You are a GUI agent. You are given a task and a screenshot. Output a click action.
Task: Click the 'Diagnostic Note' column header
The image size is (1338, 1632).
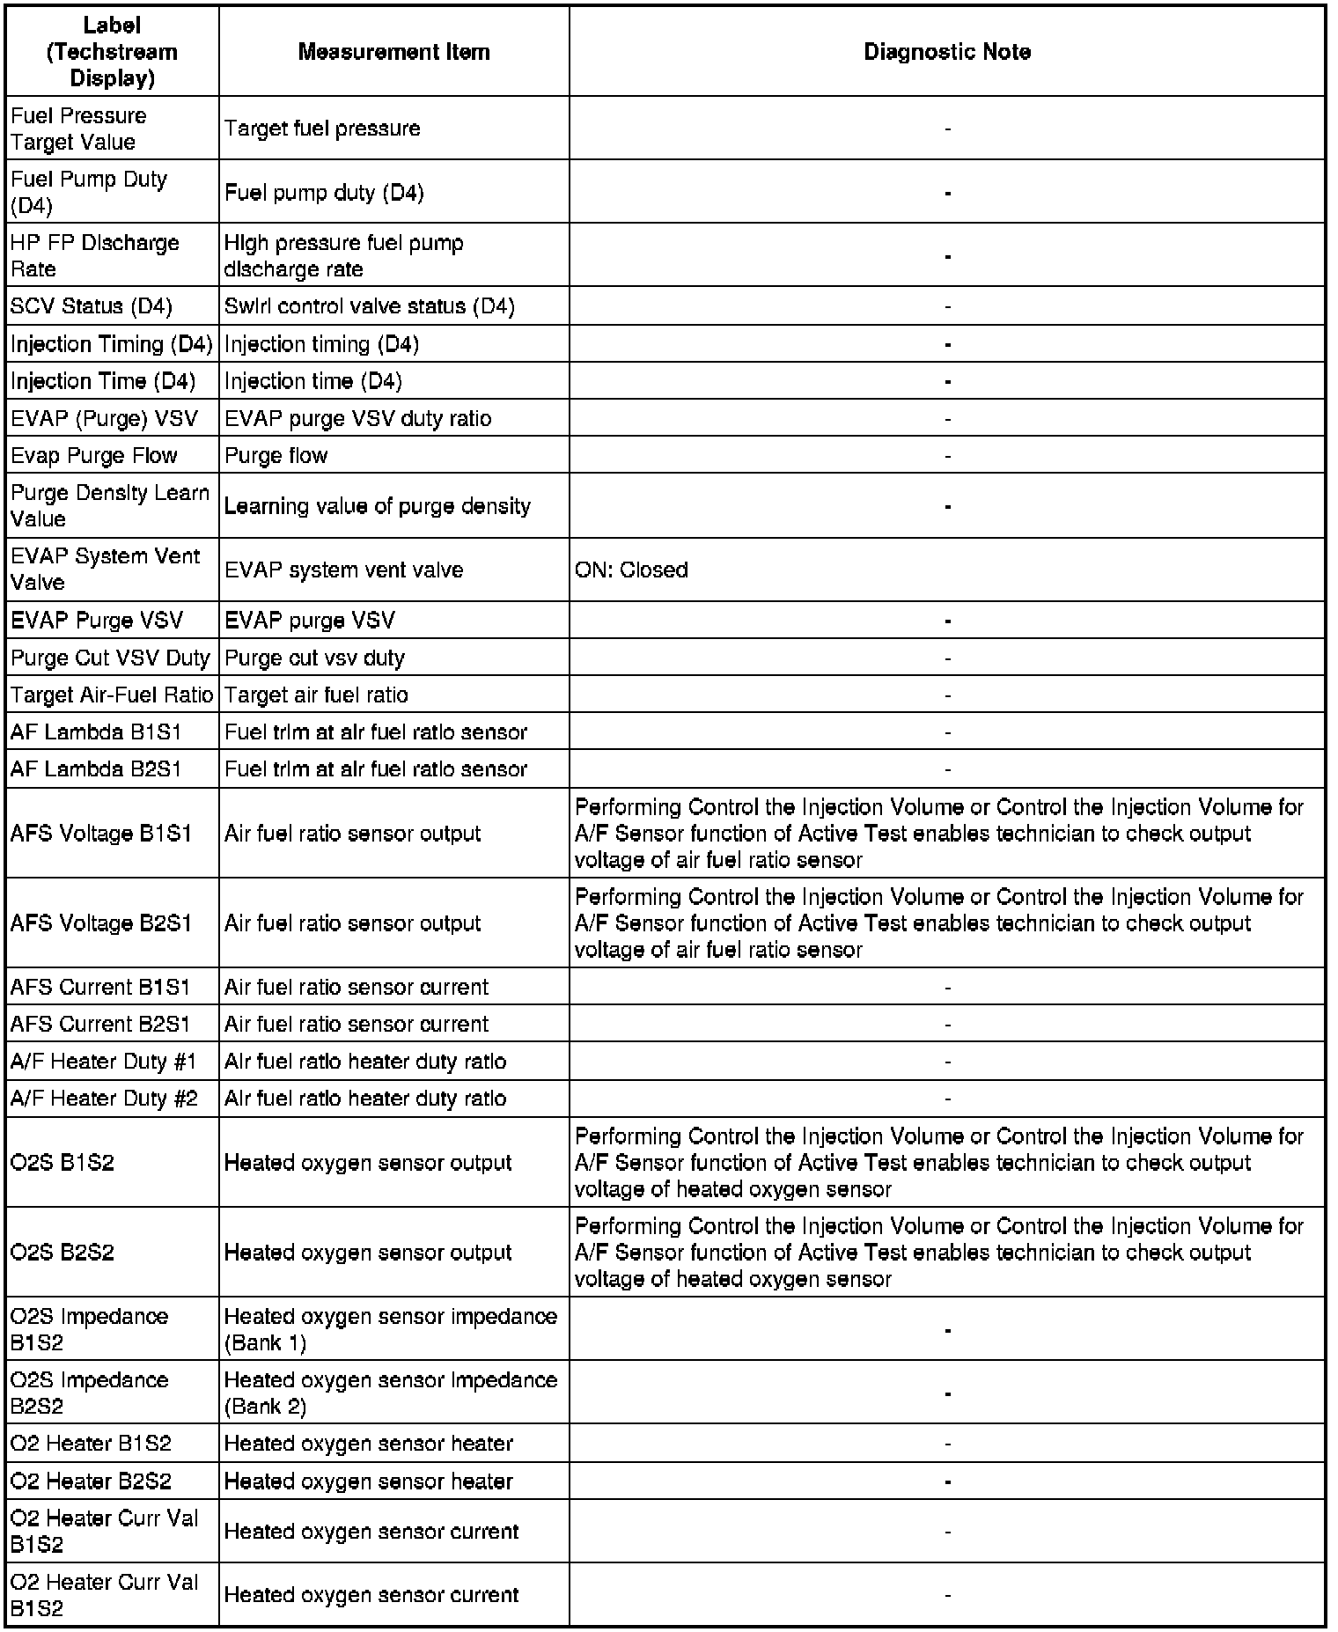(946, 52)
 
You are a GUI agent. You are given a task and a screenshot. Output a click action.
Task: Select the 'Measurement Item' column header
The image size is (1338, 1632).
(393, 52)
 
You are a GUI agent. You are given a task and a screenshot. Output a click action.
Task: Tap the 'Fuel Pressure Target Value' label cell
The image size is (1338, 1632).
(78, 129)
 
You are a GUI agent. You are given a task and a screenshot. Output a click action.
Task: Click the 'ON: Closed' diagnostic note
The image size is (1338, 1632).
(631, 570)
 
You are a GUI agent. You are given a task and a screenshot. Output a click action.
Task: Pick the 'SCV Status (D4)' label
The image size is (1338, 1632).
(91, 306)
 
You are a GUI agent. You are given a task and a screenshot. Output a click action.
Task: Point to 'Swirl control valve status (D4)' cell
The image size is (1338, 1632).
(369, 306)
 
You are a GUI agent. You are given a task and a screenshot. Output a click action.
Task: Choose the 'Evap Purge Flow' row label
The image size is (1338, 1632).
(93, 455)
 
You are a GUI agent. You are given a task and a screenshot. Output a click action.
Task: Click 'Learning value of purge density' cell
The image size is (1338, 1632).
(377, 506)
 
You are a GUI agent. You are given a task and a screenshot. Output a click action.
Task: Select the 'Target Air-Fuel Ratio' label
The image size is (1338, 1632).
(112, 695)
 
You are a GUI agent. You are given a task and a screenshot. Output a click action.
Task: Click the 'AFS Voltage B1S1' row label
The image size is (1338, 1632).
(100, 833)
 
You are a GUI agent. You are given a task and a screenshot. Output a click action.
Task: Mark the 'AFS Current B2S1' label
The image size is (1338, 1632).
(99, 1024)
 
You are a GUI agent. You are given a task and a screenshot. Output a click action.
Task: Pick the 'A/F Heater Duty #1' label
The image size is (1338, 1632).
(103, 1061)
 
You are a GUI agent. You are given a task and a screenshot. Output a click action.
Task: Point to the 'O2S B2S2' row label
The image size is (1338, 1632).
(62, 1252)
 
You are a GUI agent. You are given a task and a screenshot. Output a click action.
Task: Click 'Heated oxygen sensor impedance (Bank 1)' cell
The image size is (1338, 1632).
(390, 1329)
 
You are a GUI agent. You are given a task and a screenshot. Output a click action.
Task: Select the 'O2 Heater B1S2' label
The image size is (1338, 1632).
(91, 1444)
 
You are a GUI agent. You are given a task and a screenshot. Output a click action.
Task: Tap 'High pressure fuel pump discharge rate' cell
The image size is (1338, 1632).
(343, 255)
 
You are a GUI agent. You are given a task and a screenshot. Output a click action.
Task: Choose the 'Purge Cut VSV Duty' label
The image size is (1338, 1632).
(110, 658)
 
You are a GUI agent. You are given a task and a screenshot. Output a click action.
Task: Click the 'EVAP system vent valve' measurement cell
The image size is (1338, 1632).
(343, 570)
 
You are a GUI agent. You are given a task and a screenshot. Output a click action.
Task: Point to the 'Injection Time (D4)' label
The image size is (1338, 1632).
(102, 381)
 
